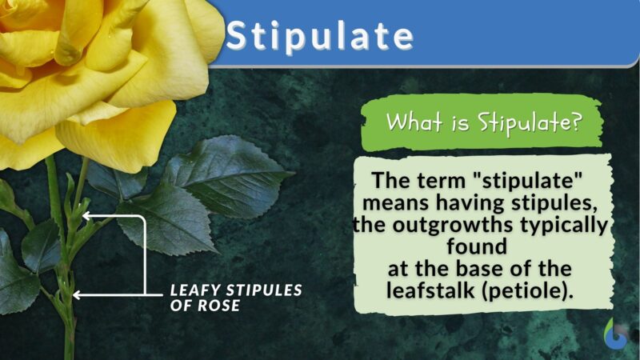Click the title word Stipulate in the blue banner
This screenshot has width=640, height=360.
coord(319,35)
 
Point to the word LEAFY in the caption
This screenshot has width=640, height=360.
coord(191,290)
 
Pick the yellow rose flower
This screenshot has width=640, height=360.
coord(96,72)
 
